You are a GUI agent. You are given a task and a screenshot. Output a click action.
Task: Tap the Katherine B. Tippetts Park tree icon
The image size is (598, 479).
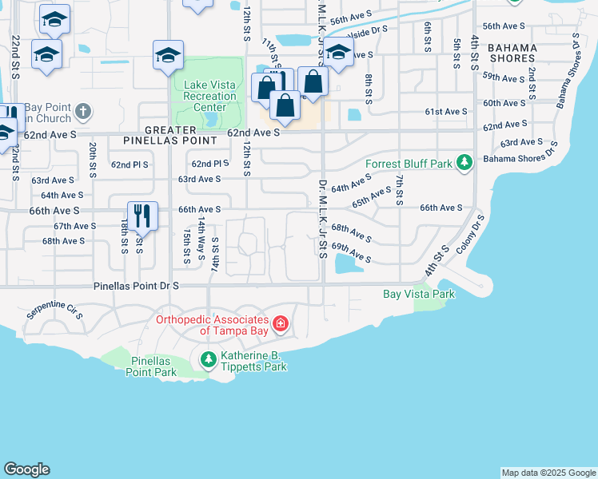pyautogui.click(x=208, y=360)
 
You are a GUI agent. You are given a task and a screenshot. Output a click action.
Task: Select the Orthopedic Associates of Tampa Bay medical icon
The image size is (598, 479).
pyautogui.click(x=280, y=323)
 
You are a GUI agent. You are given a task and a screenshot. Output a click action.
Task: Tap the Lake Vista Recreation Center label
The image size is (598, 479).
pyautogui.click(x=209, y=96)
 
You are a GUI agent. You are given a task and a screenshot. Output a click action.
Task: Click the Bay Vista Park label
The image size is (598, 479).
pyautogui.click(x=418, y=295)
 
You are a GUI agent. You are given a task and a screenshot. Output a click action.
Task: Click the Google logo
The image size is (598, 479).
pyautogui.click(x=26, y=469)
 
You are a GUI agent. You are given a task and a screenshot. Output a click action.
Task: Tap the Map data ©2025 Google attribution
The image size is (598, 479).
pyautogui.click(x=548, y=473)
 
